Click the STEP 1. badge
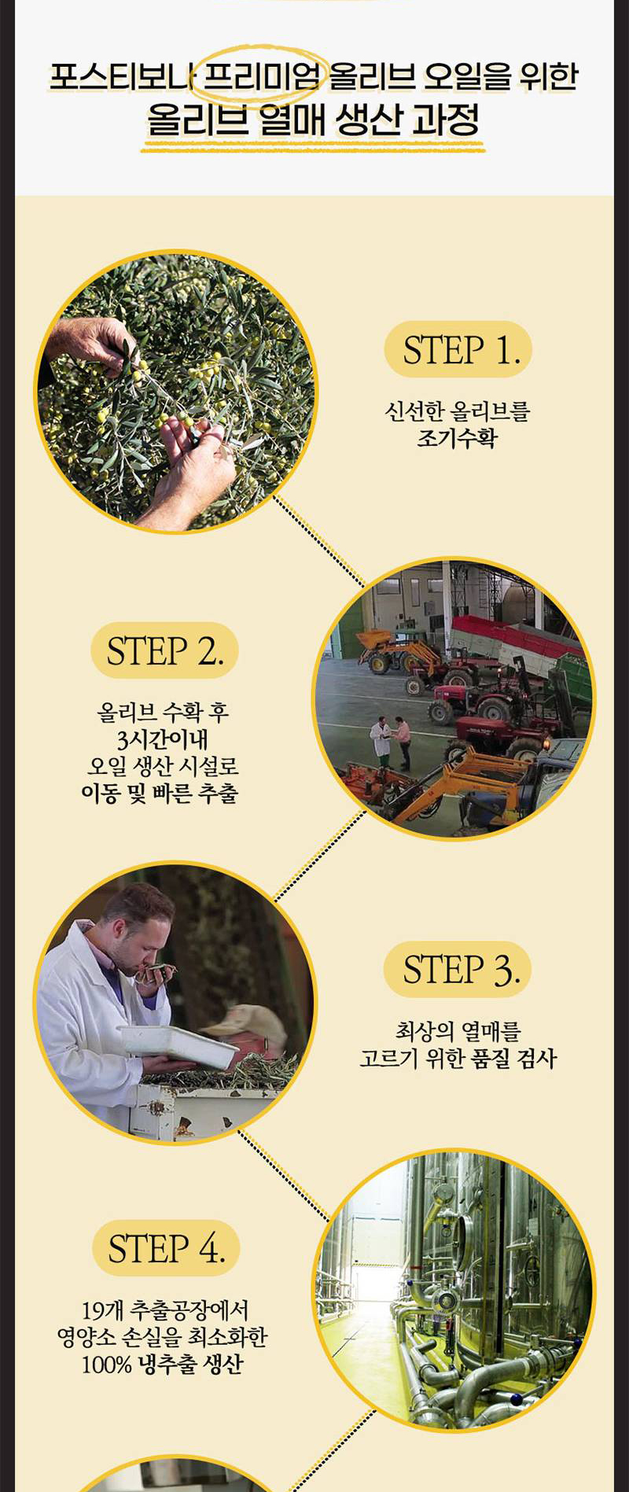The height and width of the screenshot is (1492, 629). click(458, 349)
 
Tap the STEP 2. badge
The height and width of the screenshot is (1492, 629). click(164, 650)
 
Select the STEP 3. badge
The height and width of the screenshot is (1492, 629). click(458, 969)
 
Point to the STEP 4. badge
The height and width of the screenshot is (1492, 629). click(165, 1248)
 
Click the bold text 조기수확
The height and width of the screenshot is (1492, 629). click(457, 438)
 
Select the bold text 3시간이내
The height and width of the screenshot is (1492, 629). click(163, 739)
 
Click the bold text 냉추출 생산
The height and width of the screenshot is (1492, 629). click(190, 1364)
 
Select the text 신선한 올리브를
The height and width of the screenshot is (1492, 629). click(457, 411)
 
